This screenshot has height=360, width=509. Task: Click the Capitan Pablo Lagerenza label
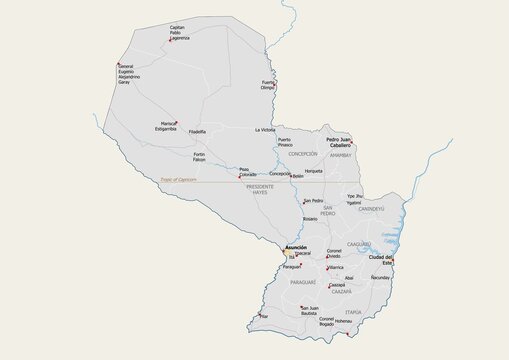click(178, 32)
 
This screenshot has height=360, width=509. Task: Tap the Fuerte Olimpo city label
click(268, 85)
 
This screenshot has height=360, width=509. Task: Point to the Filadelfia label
click(198, 131)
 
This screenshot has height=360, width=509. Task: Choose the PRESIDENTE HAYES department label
click(260, 189)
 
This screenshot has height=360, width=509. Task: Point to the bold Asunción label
click(296, 246)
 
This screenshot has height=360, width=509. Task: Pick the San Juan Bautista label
click(310, 310)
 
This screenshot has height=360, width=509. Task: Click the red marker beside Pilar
click(259, 316)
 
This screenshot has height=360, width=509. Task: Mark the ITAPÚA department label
click(353, 311)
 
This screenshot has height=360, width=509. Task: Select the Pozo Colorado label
click(248, 171)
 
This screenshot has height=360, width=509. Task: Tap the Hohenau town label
click(344, 321)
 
